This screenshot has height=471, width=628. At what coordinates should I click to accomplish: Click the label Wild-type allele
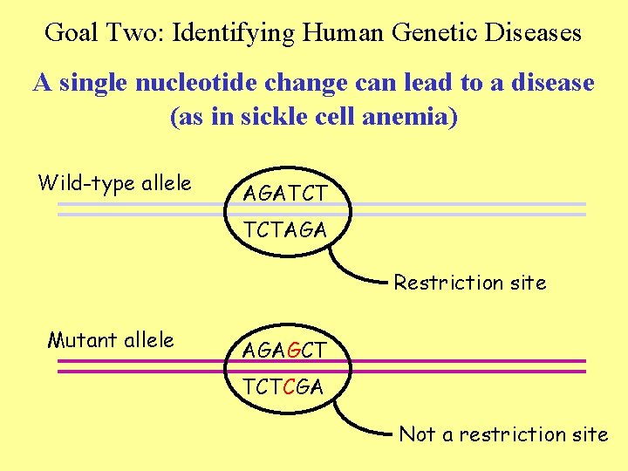click(114, 183)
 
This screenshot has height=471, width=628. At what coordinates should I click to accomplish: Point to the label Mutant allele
click(111, 339)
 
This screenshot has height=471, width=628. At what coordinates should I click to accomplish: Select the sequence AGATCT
click(284, 194)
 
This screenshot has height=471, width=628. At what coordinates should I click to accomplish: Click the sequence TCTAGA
click(284, 230)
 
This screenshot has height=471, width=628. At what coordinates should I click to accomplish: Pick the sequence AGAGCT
click(284, 351)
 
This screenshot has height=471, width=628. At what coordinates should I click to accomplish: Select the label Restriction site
click(470, 283)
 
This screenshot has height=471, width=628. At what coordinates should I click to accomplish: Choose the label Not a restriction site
click(503, 434)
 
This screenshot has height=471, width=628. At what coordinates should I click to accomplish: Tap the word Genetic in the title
click(425, 33)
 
